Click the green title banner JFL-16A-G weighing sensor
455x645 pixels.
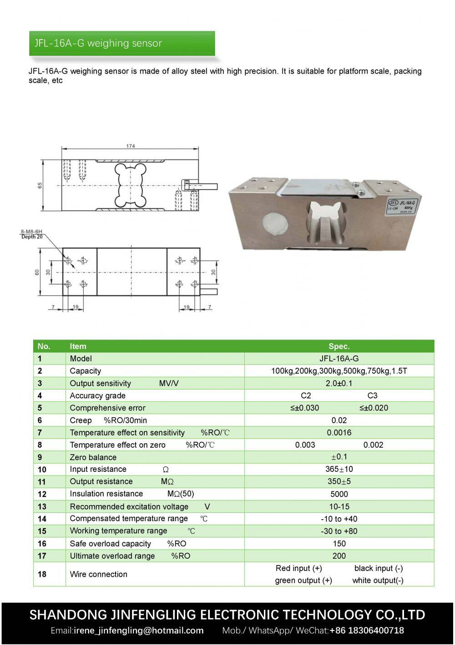click(x=121, y=44)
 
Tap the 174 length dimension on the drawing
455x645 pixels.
click(x=131, y=146)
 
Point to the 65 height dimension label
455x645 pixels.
click(x=40, y=185)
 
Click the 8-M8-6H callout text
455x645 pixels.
click(x=31, y=232)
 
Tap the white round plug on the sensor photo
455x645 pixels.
click(x=276, y=224)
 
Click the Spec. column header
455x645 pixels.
click(x=339, y=346)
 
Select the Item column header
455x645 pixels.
click(x=78, y=346)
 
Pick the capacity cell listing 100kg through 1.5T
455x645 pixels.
click(x=339, y=371)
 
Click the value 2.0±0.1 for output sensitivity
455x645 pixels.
click(x=339, y=383)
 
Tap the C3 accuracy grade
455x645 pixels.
click(x=372, y=395)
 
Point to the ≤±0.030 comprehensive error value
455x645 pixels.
click(x=305, y=408)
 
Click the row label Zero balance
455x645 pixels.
click(x=93, y=457)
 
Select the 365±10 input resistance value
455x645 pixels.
click(x=339, y=469)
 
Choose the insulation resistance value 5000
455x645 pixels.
click(x=339, y=494)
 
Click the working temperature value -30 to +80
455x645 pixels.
click(x=339, y=531)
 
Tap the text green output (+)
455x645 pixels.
click(x=303, y=580)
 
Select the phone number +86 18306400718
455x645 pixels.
click(x=366, y=630)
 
